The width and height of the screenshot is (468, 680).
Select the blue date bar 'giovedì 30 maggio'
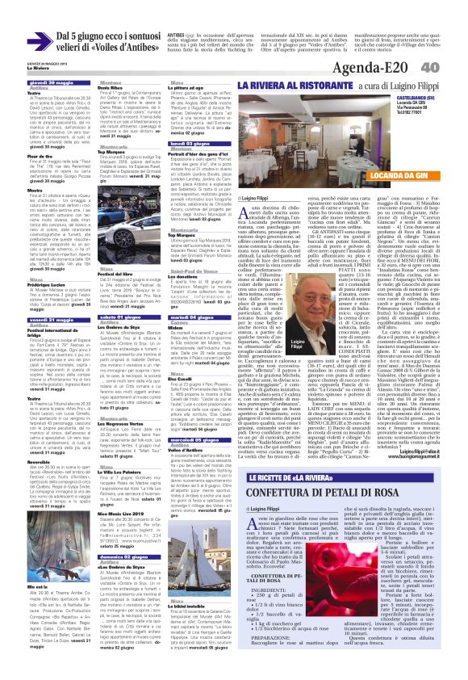click(x=48, y=82)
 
